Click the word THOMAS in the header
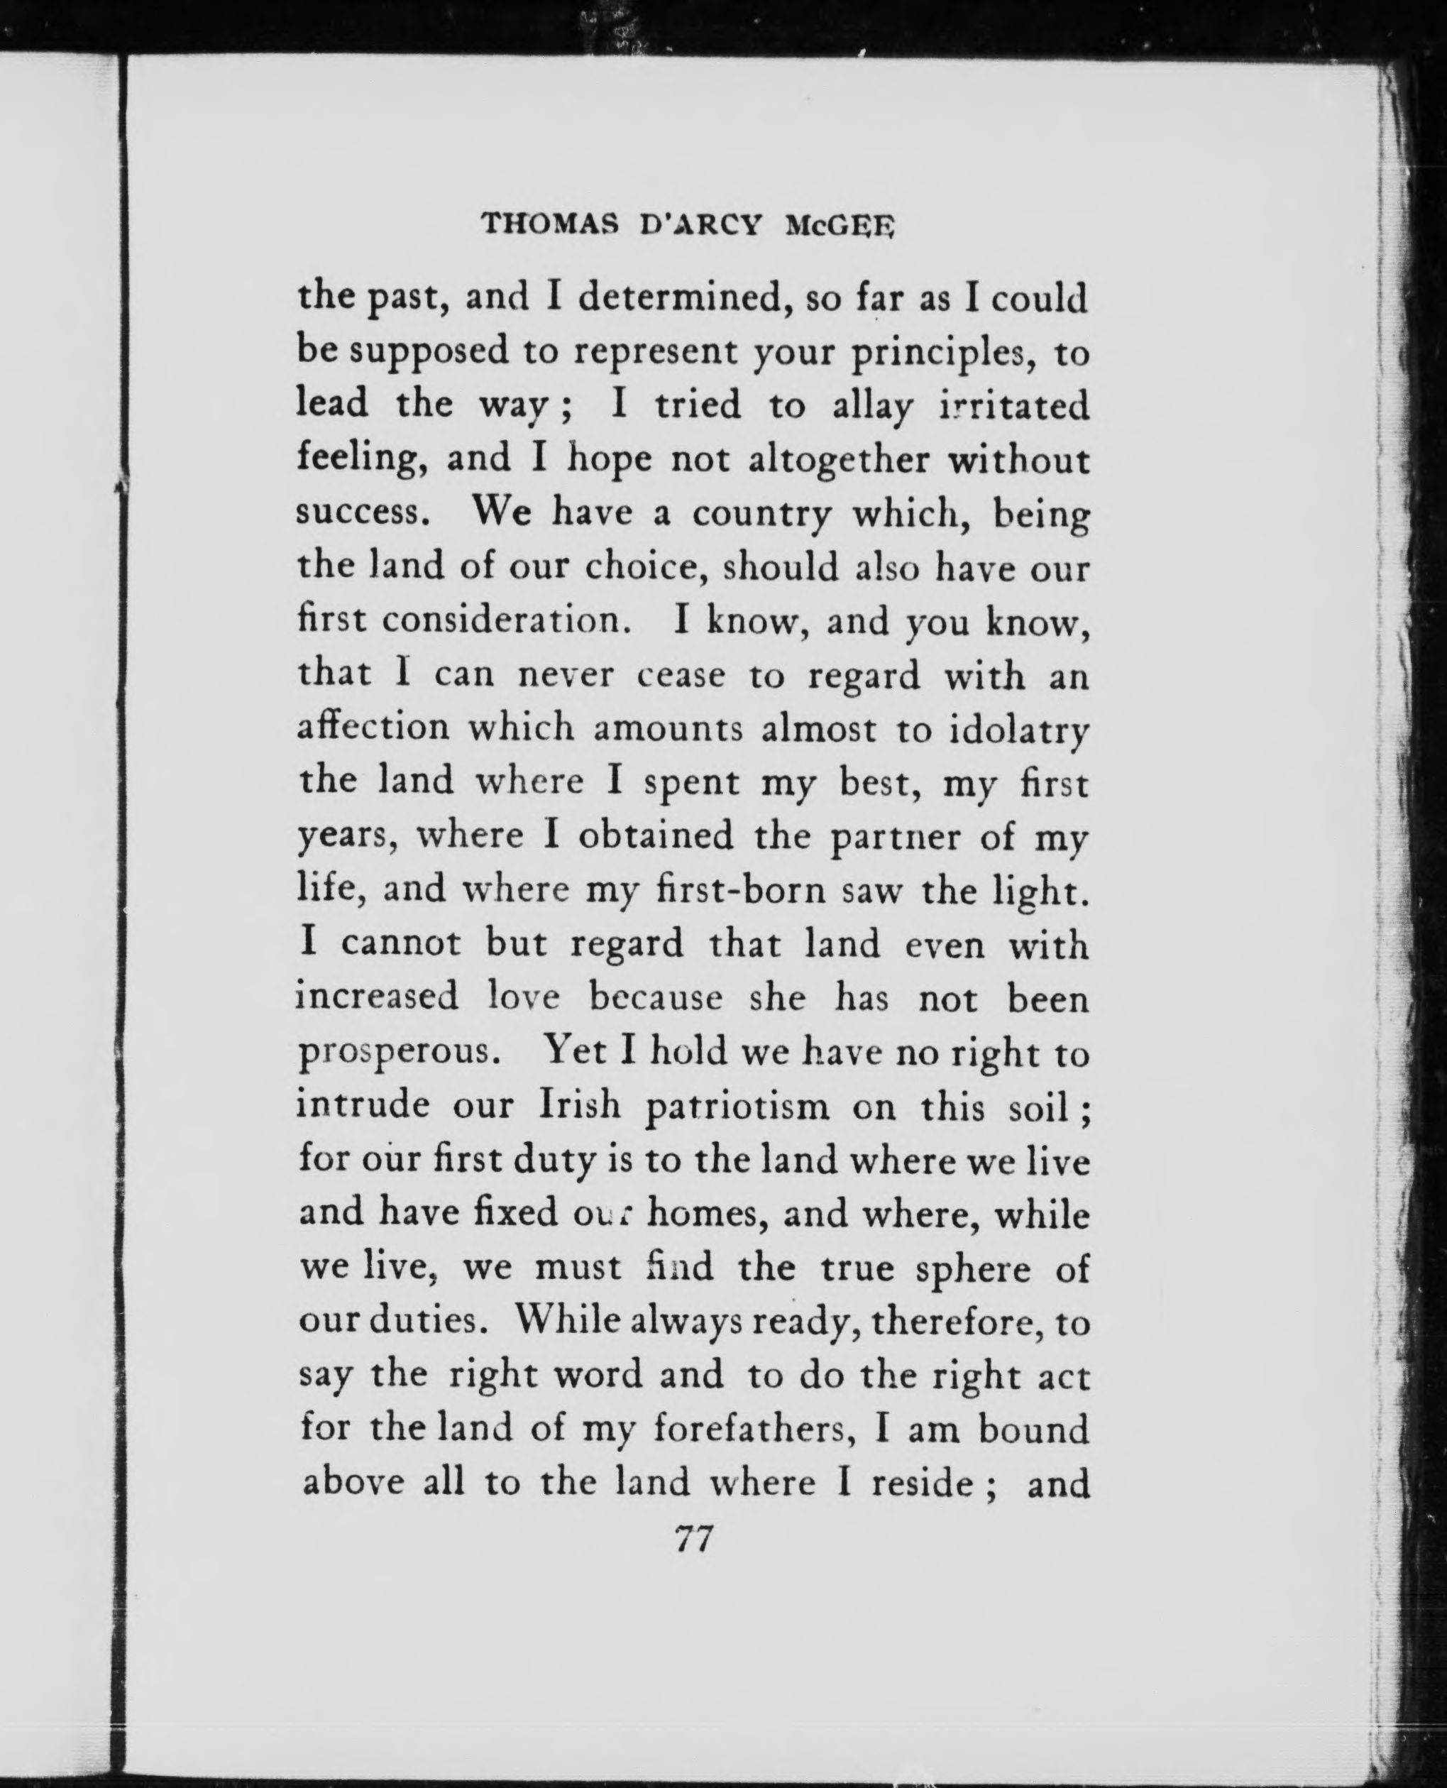[546, 224]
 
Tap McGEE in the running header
[840, 224]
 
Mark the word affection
[373, 728]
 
